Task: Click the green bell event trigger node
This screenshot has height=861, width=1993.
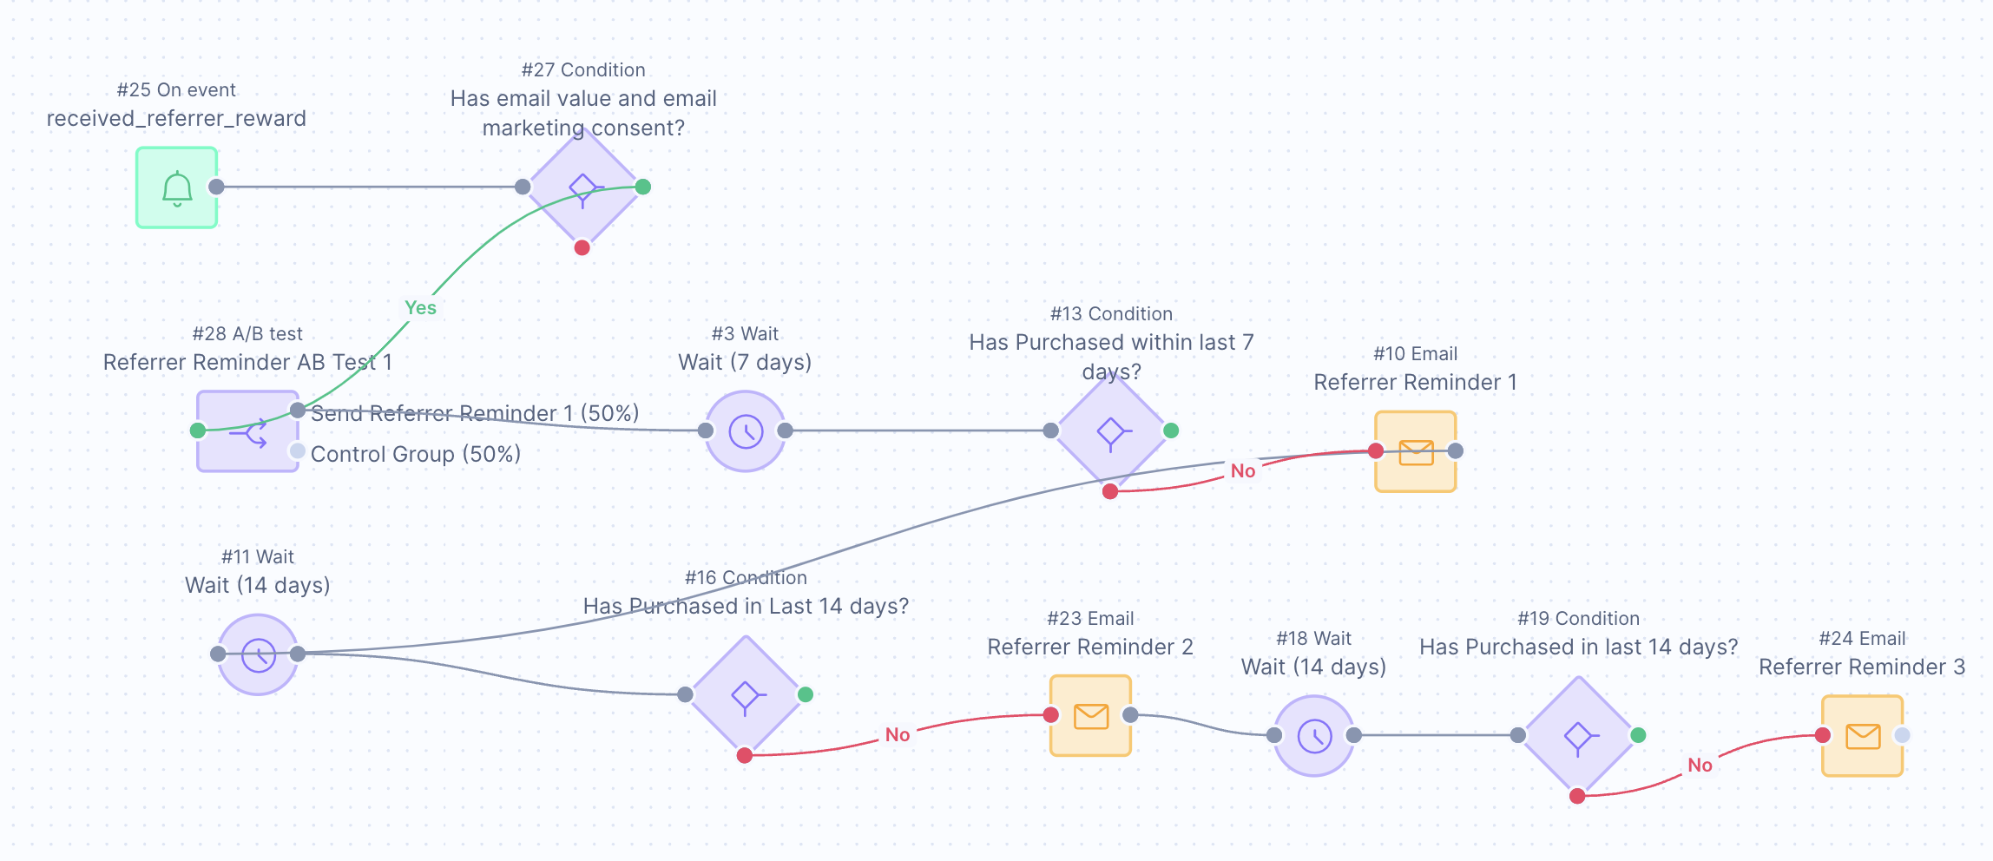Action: pos(176,187)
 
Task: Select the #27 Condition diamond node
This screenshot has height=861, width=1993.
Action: pos(582,187)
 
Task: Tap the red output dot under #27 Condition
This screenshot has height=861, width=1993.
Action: pos(582,248)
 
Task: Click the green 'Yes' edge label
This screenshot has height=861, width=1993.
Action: pos(420,308)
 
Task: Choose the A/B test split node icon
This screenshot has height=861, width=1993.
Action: pos(247,431)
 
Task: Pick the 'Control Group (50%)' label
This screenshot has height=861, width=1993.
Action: pos(415,454)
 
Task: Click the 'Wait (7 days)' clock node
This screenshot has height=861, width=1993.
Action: pos(745,431)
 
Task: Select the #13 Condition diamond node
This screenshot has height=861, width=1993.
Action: pos(1110,431)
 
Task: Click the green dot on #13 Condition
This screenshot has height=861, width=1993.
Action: pos(1171,430)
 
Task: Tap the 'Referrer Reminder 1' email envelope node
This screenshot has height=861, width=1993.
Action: pos(1416,452)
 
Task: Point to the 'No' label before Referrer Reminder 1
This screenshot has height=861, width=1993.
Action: pos(1242,471)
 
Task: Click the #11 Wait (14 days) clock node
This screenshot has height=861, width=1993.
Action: pos(258,654)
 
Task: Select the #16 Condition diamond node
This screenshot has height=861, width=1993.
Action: pos(745,694)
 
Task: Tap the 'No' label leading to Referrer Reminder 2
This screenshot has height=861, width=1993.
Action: pos(897,735)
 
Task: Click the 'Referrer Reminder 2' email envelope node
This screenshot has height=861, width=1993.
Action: pos(1090,716)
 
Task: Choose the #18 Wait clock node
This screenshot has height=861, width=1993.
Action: pos(1314,736)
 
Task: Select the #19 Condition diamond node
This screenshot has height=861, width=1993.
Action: pos(1577,736)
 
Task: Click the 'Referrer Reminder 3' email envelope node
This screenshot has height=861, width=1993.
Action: pos(1862,736)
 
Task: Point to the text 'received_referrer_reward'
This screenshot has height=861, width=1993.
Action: pos(176,119)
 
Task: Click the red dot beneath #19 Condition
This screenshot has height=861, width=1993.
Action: pos(1577,797)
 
